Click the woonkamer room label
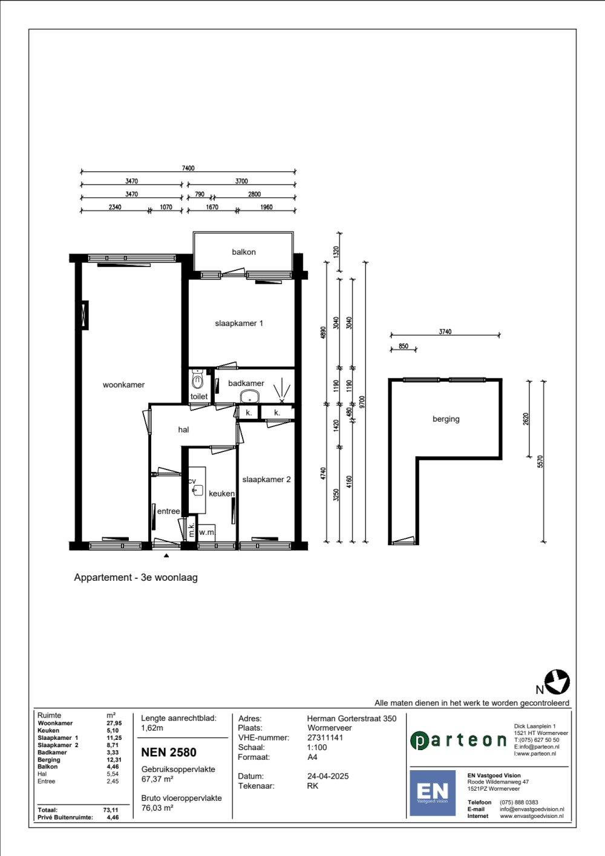(x=123, y=385)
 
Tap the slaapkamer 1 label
(x=239, y=323)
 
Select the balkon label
(x=243, y=252)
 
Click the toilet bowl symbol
(x=197, y=379)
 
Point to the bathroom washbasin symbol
(x=250, y=397)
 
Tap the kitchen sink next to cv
(x=198, y=490)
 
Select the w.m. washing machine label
(x=207, y=532)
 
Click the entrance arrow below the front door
(x=166, y=555)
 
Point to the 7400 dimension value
(x=188, y=168)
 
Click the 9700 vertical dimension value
(x=362, y=402)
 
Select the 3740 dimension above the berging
(x=445, y=332)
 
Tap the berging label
(x=446, y=419)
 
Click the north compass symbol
(x=557, y=682)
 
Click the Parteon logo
(x=458, y=740)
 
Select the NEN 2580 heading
(x=169, y=753)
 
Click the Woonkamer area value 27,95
(x=114, y=723)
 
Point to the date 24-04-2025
(x=328, y=776)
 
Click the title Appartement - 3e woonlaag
(x=136, y=577)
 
